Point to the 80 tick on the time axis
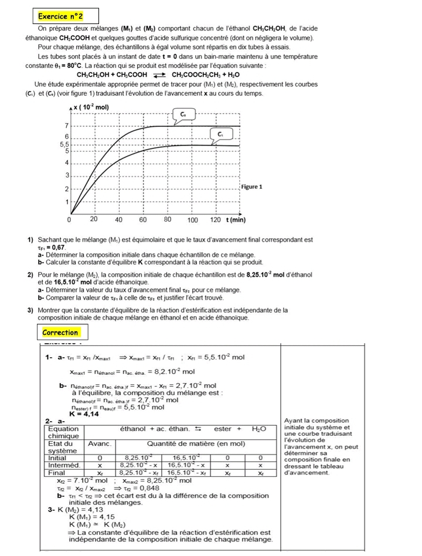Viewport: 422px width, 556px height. click(168, 219)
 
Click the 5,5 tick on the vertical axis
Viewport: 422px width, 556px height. click(65, 144)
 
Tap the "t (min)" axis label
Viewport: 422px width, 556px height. click(236, 219)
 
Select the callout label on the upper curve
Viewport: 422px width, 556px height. click(183, 113)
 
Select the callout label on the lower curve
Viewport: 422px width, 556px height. click(220, 135)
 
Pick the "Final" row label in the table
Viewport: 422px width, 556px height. click(57, 472)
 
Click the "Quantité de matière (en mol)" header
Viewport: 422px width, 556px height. click(193, 444)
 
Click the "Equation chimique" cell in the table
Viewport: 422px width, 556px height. click(63, 432)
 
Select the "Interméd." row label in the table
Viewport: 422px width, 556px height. click(63, 464)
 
